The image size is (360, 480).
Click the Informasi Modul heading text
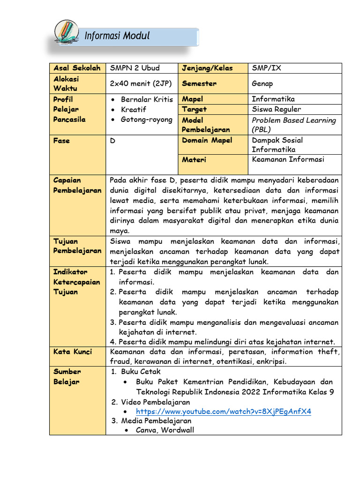[x=117, y=36]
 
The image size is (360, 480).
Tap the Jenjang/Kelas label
[x=207, y=68]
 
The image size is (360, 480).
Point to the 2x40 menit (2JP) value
[x=141, y=83]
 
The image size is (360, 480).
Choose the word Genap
[x=262, y=83]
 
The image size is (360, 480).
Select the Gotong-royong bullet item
[x=146, y=120]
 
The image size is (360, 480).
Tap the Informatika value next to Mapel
[x=273, y=99]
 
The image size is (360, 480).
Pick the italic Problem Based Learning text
[x=293, y=120]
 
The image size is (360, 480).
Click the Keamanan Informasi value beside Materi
[x=288, y=159]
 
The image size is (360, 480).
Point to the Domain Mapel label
[x=207, y=140]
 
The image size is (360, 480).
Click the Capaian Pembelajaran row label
[x=77, y=185]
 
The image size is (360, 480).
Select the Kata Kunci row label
[x=73, y=352]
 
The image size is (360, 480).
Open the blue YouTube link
[x=223, y=411]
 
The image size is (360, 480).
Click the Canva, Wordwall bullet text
[x=165, y=430]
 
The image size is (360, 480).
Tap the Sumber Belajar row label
[x=67, y=376]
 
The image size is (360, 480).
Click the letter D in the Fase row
[x=112, y=140]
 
